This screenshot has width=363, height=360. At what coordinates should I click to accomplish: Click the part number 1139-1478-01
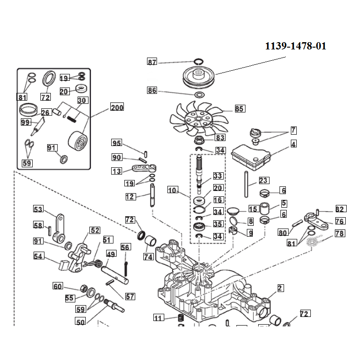click(x=295, y=46)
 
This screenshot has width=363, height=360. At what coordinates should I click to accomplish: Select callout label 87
click(x=152, y=62)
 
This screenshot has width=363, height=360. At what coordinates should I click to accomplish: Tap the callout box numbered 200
click(x=117, y=107)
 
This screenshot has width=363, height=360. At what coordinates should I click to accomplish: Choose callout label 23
click(x=264, y=180)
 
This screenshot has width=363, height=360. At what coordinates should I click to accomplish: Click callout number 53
click(x=38, y=209)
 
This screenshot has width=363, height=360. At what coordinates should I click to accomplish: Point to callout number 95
click(x=117, y=143)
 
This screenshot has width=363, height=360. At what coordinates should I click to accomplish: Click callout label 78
click(x=339, y=234)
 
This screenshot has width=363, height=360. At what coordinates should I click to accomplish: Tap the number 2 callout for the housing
click(x=280, y=287)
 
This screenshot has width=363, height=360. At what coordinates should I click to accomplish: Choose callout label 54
click(x=39, y=256)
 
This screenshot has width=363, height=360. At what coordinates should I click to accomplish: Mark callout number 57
click(x=130, y=297)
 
